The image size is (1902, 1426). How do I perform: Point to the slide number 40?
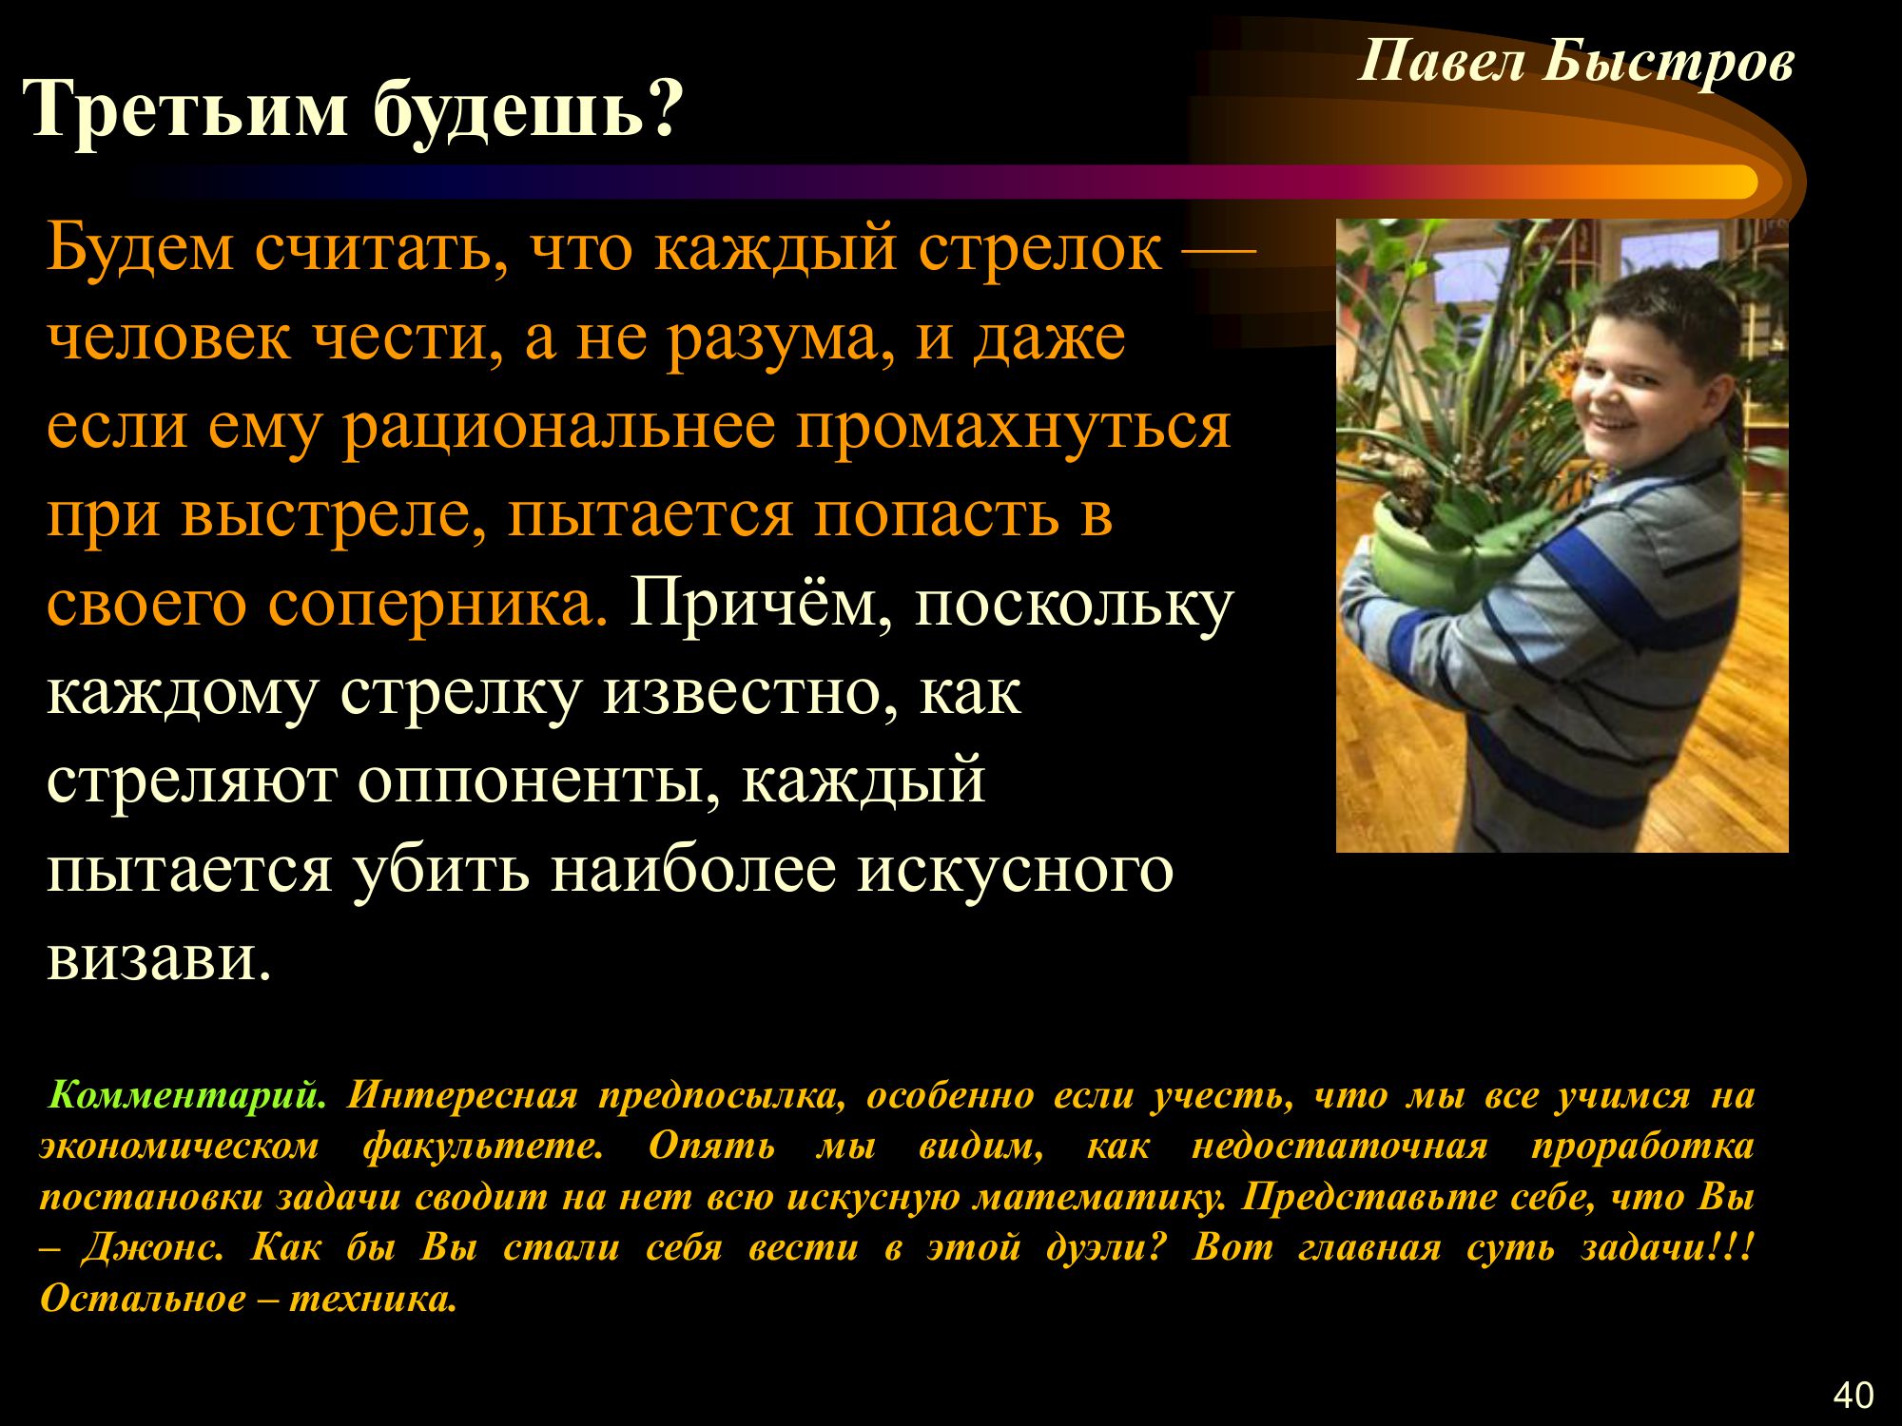[x=1853, y=1395]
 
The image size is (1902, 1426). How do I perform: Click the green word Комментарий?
[x=186, y=1096]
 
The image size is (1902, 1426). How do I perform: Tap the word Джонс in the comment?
[x=153, y=1246]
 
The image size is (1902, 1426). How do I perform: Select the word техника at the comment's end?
[x=373, y=1298]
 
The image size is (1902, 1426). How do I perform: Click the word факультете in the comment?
[x=483, y=1147]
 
